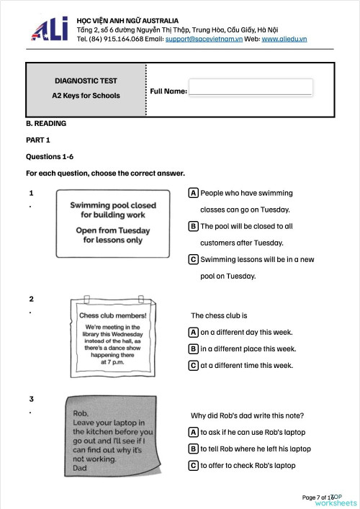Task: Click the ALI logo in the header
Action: pyautogui.click(x=48, y=28)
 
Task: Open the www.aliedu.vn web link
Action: pyautogui.click(x=284, y=38)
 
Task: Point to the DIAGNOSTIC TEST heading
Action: pyautogui.click(x=86, y=81)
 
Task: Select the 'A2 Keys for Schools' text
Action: pyautogui.click(x=86, y=95)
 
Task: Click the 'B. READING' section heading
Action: pyautogui.click(x=46, y=124)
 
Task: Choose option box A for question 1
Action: pyautogui.click(x=194, y=193)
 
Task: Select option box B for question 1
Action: pyautogui.click(x=194, y=226)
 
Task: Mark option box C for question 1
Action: pyautogui.click(x=194, y=259)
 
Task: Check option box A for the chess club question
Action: pyautogui.click(x=194, y=332)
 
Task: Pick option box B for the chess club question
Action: pyautogui.click(x=194, y=348)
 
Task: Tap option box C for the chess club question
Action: pyautogui.click(x=194, y=365)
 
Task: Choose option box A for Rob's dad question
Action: pyautogui.click(x=194, y=432)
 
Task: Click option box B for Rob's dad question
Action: pyautogui.click(x=194, y=449)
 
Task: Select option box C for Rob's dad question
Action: pyautogui.click(x=194, y=465)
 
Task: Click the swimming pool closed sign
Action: pyautogui.click(x=113, y=223)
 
